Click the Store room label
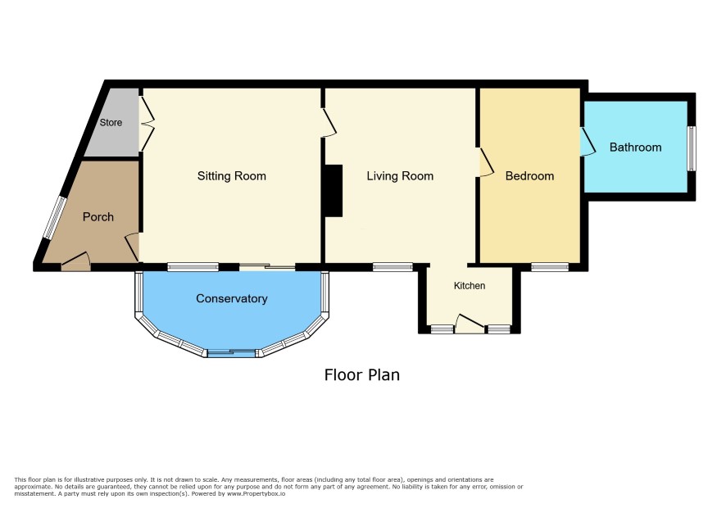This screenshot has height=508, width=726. (x=111, y=122)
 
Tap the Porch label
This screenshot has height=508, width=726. (x=98, y=217)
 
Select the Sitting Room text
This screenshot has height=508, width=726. (x=232, y=176)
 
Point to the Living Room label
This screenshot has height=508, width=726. (x=400, y=176)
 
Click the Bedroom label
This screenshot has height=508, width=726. (x=529, y=176)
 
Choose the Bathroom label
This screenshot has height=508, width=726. (x=635, y=147)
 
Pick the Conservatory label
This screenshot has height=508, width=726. (x=232, y=298)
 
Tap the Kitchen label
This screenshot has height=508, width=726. (x=470, y=286)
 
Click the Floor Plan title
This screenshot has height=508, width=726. (x=362, y=374)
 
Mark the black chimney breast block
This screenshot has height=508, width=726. (x=334, y=191)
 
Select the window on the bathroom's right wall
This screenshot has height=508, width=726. (x=692, y=148)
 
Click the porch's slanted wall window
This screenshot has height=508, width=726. (x=56, y=218)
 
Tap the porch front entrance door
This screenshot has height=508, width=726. (x=75, y=261)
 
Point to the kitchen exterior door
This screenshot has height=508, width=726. (x=470, y=323)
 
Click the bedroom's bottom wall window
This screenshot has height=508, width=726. (x=550, y=267)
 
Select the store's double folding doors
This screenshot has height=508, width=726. (x=147, y=123)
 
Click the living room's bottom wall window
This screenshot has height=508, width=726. (x=392, y=267)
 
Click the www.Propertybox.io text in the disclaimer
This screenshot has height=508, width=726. (x=256, y=493)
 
